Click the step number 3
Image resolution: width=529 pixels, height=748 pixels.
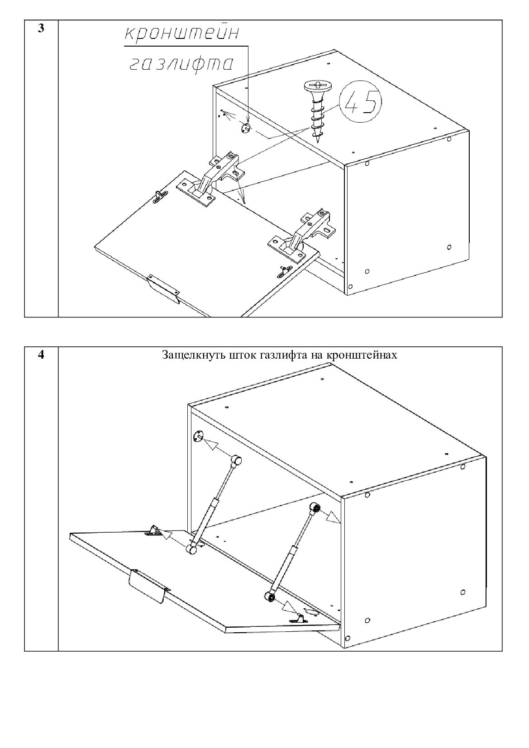(41, 28)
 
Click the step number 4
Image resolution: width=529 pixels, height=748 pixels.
(41, 355)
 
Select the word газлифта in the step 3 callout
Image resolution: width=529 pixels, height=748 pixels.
(181, 63)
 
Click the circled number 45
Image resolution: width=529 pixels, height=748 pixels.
(361, 101)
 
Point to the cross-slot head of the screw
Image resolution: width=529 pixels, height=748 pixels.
(318, 85)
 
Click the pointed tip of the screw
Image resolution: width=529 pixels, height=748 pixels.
(318, 142)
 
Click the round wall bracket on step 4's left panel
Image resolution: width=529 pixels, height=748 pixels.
(199, 436)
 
